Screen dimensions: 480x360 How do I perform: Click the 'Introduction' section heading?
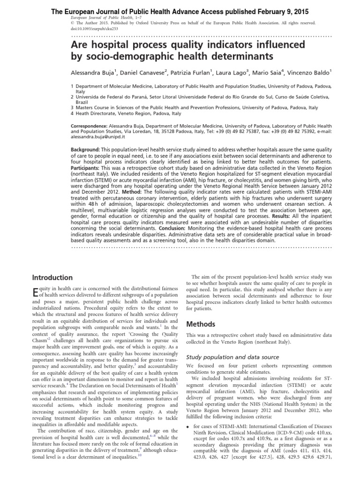coord(52,277)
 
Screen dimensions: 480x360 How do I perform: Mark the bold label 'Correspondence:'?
coord(89,127)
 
